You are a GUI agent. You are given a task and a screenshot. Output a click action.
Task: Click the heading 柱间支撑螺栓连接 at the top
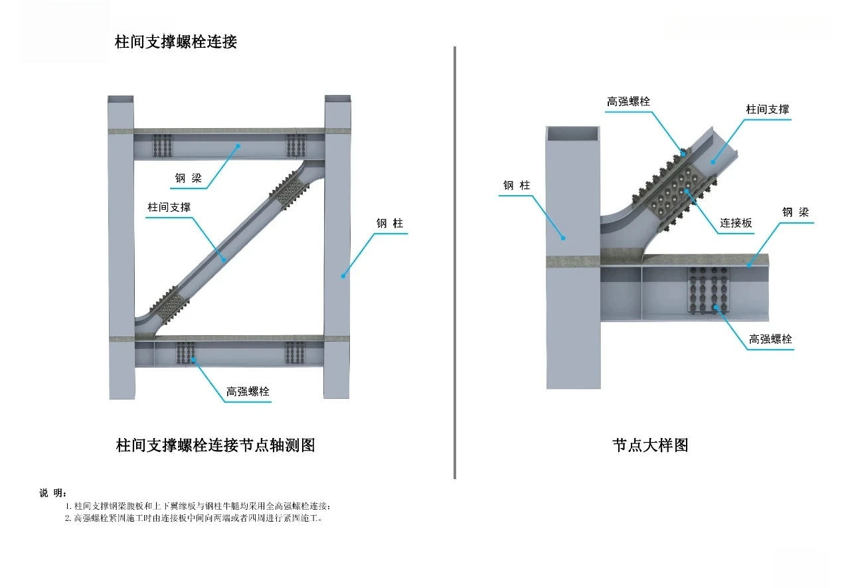pyautogui.click(x=176, y=42)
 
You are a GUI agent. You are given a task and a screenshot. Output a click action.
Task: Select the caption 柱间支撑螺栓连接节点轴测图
pyautogui.click(x=215, y=445)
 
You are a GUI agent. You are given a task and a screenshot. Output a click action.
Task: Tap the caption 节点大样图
pyautogui.click(x=650, y=445)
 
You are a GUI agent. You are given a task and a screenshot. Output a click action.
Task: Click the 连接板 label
pyautogui.click(x=736, y=223)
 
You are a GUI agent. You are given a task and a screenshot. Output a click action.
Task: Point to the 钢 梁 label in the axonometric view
pyautogui.click(x=188, y=178)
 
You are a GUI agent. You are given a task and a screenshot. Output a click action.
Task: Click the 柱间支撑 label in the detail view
pyautogui.click(x=767, y=110)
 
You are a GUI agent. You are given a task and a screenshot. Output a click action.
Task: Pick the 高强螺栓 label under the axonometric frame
pyautogui.click(x=248, y=392)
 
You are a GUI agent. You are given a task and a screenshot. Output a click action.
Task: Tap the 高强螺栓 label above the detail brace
pyautogui.click(x=628, y=102)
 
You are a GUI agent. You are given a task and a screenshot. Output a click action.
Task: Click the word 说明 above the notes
pyautogui.click(x=52, y=492)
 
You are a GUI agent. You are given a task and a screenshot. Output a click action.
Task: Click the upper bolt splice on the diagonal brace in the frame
pyautogui.click(x=288, y=190)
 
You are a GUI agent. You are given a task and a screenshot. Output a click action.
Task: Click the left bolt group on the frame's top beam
pyautogui.click(x=162, y=146)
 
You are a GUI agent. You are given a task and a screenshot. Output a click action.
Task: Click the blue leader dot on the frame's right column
pyautogui.click(x=343, y=275)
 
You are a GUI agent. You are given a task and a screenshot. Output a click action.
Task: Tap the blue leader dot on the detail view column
pyautogui.click(x=563, y=237)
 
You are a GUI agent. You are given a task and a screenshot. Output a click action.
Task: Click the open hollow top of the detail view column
pyautogui.click(x=572, y=133)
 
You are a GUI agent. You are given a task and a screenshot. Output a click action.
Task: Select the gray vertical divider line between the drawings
pyautogui.click(x=455, y=262)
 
